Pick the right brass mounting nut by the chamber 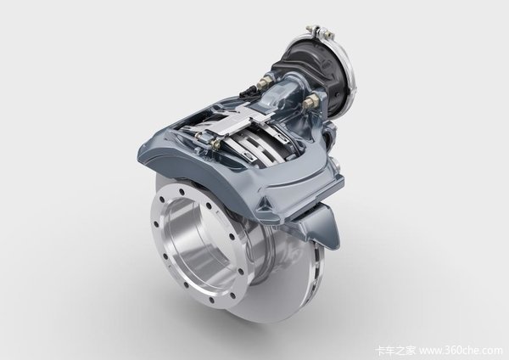(309, 103)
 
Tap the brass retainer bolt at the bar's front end (215, 143)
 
